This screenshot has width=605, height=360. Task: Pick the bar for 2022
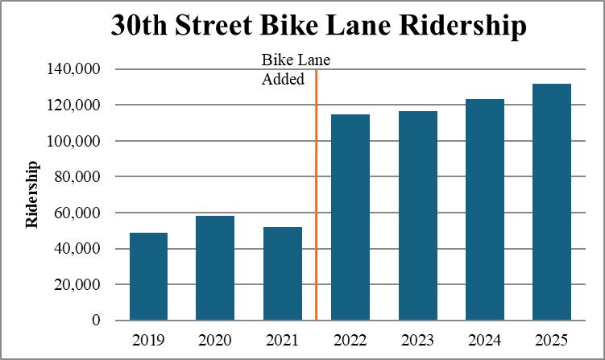pyautogui.click(x=350, y=217)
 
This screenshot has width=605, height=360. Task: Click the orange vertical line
pyautogui.click(x=316, y=201)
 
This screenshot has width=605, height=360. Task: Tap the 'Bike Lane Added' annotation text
pyautogui.click(x=296, y=70)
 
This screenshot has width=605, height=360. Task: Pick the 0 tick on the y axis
pyautogui.click(x=96, y=321)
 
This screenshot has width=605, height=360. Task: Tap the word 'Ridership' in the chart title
pyautogui.click(x=452, y=27)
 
